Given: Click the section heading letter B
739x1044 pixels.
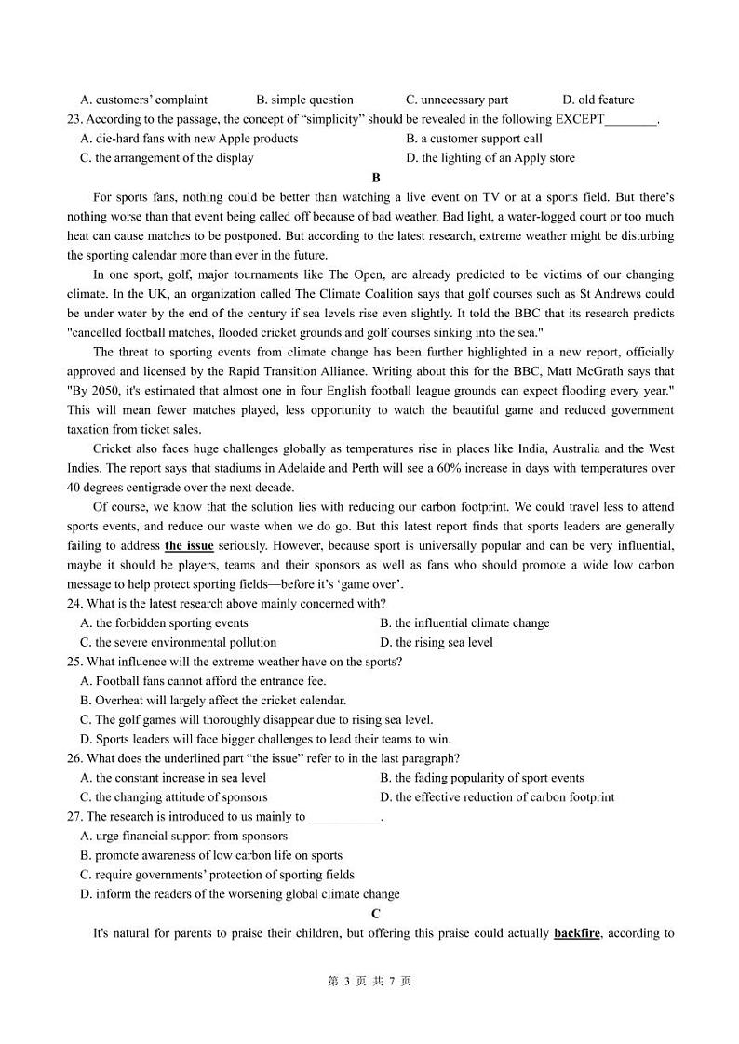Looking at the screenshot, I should click(376, 178).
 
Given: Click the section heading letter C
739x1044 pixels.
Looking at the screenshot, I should click(376, 914).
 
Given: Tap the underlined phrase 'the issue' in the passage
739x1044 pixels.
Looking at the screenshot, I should click(189, 546).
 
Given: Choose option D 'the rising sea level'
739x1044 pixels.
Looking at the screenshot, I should click(437, 643).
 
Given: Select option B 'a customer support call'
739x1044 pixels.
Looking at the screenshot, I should click(474, 139).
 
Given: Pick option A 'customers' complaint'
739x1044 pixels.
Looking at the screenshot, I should click(144, 100).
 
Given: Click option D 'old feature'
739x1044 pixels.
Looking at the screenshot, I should click(598, 100).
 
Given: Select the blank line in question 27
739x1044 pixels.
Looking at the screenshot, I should click(344, 817).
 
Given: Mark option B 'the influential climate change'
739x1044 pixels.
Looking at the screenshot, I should click(464, 623).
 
